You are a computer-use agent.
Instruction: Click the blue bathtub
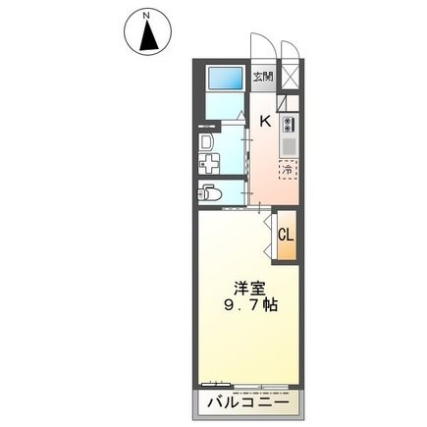225,80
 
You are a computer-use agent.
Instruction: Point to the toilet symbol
210,193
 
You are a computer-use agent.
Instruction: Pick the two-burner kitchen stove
289,125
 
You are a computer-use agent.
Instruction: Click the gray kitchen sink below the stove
289,146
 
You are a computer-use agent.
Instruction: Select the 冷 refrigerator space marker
287,171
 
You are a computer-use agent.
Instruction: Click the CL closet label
286,235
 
